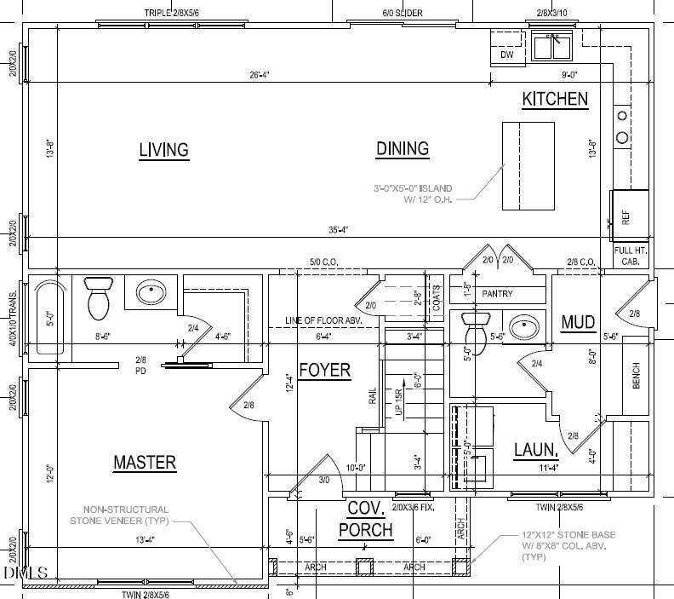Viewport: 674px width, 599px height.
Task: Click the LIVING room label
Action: click(x=163, y=150)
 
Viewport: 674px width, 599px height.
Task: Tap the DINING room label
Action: click(x=402, y=149)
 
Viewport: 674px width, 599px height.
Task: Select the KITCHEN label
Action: click(x=555, y=99)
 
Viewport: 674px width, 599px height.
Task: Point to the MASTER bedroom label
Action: click(x=145, y=463)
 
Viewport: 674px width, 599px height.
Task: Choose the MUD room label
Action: click(x=578, y=322)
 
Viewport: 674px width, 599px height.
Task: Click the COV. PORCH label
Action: click(x=366, y=520)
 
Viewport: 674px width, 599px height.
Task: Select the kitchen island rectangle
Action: click(x=523, y=164)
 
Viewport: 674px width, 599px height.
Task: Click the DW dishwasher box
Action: click(x=507, y=55)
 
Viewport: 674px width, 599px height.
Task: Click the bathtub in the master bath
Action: click(x=50, y=316)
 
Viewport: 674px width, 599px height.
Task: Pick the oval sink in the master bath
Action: click(x=151, y=293)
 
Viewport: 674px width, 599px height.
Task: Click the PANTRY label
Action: click(x=497, y=294)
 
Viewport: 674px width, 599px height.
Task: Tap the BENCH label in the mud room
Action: click(x=636, y=373)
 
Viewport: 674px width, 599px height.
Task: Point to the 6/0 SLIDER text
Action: click(x=403, y=13)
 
